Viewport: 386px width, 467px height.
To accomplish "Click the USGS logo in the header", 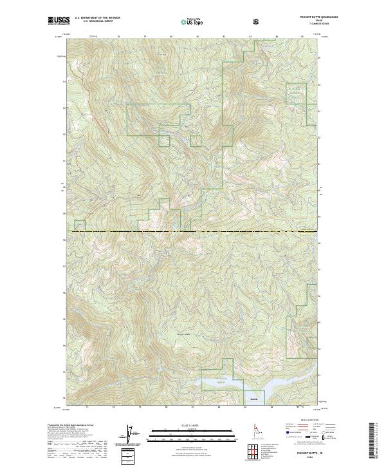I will [x=59, y=22].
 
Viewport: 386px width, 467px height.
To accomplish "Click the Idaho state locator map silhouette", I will [x=252, y=429].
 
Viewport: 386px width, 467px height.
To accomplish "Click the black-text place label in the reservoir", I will [x=253, y=400].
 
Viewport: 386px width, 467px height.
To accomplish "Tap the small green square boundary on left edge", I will [x=80, y=225].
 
